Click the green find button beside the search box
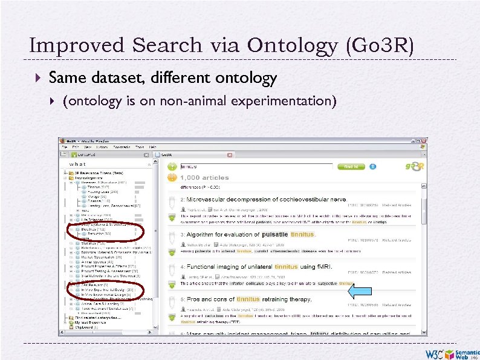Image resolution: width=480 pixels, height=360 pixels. (x=351, y=166)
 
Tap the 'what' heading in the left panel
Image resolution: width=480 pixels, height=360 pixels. (x=78, y=164)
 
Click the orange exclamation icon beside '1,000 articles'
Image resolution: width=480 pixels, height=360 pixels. (x=172, y=178)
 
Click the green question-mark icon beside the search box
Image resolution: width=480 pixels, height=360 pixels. (x=172, y=166)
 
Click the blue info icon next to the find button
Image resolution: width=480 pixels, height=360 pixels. (x=373, y=166)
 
